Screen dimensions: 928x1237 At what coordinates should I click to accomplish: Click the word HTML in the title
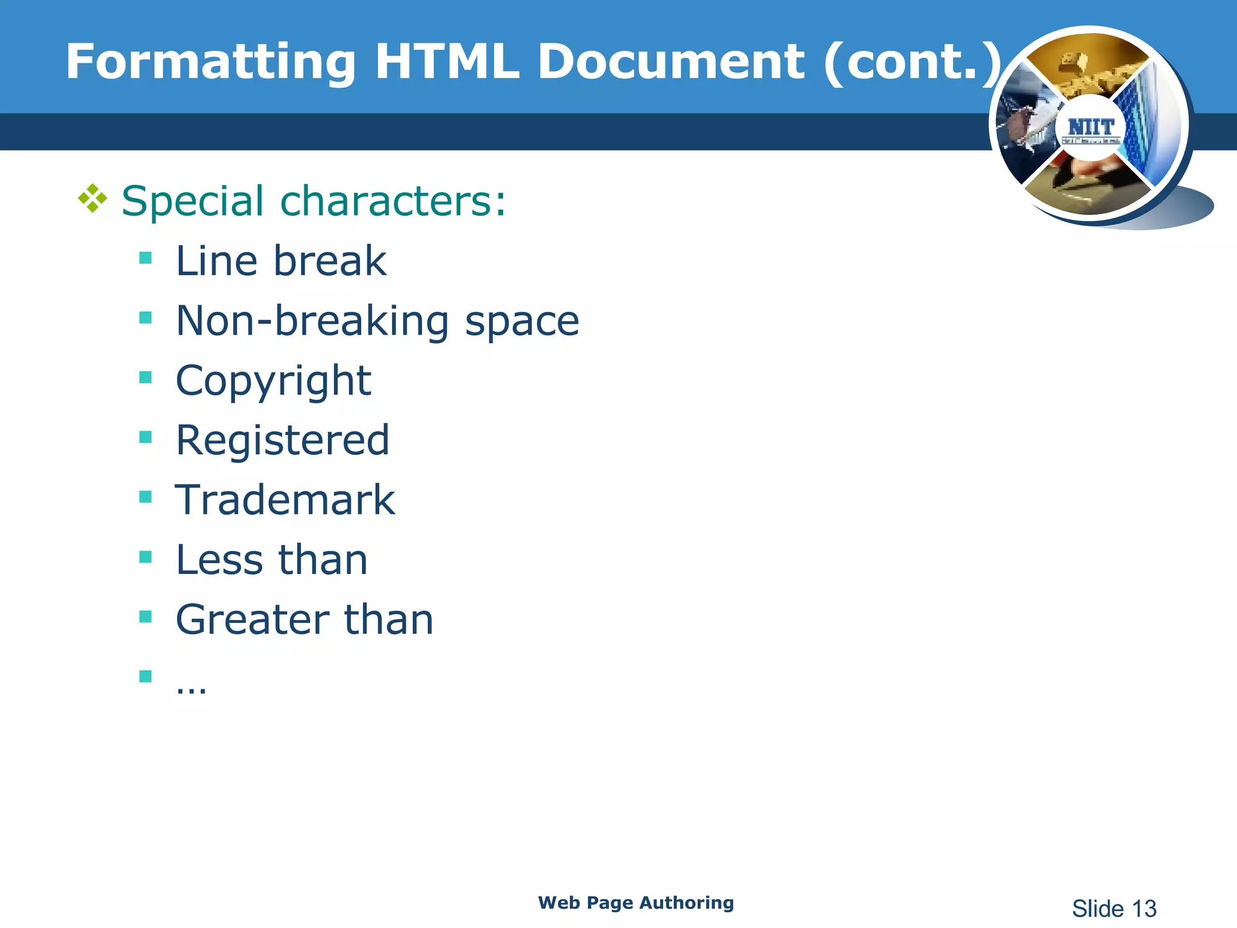[446, 62]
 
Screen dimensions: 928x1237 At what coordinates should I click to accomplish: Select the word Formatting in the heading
[211, 63]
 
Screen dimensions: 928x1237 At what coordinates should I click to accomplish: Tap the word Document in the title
[670, 62]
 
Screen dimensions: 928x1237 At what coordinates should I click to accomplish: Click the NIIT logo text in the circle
[1090, 127]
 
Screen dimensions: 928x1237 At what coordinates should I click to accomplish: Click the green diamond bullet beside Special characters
[92, 199]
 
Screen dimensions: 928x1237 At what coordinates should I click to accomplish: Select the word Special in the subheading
[193, 202]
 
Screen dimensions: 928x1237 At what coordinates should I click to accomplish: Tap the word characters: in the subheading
[393, 201]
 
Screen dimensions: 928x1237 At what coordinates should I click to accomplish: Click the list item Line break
[281, 261]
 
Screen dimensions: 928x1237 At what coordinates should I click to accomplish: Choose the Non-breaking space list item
[377, 321]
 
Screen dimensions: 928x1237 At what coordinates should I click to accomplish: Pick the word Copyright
[273, 381]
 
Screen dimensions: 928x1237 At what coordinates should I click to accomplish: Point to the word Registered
[282, 440]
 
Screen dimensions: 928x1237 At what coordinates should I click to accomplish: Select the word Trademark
[285, 500]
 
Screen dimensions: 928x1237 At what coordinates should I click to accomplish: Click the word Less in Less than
[219, 559]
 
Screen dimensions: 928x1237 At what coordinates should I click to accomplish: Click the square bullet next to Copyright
[145, 378]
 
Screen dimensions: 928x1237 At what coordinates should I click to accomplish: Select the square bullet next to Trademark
[145, 497]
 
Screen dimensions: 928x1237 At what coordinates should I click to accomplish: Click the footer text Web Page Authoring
[636, 903]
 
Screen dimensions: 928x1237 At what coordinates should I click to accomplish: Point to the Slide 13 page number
[1114, 909]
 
